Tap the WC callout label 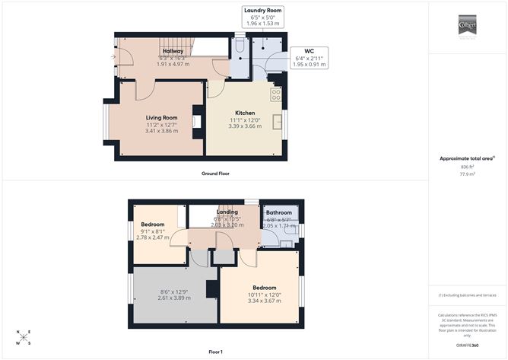(310, 52)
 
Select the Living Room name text (161, 118)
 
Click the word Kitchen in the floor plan (244, 113)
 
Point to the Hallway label (172, 50)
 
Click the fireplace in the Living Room (197, 121)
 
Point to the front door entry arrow (113, 56)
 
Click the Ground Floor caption (215, 174)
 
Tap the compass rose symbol (24, 336)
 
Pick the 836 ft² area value (466, 166)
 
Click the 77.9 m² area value (466, 174)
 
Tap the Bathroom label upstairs (278, 213)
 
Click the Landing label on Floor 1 (227, 212)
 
